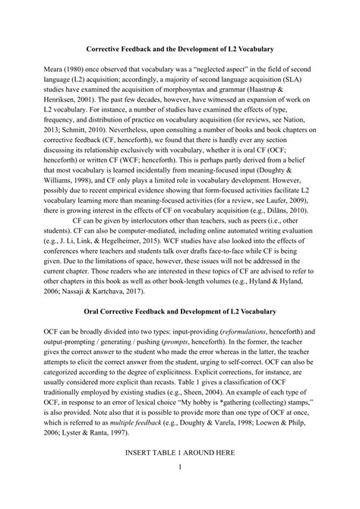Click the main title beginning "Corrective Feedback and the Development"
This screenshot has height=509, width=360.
(180, 48)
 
